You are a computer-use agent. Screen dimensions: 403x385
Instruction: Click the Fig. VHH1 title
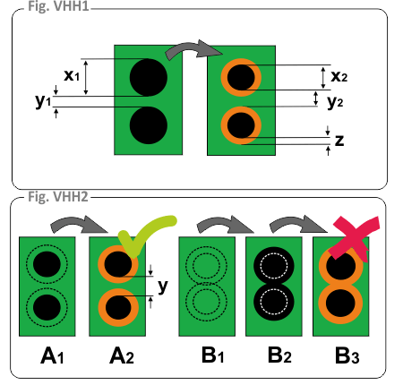point(58,6)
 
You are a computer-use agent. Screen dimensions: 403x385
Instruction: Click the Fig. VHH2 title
point(58,197)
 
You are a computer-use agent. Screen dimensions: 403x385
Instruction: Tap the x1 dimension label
point(72,75)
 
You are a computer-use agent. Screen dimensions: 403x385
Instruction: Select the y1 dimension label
point(43,101)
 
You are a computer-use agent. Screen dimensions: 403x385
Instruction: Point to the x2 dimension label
point(339,76)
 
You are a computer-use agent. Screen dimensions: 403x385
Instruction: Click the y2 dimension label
point(335,102)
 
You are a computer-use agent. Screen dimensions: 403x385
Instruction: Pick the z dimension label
point(339,141)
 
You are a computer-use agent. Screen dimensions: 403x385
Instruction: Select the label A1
point(52,356)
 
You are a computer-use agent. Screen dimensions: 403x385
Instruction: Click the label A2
point(122,356)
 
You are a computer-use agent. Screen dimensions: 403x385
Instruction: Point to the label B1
point(212,355)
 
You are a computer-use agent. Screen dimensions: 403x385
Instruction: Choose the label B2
point(279,355)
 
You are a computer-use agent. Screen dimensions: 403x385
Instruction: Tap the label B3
point(347,355)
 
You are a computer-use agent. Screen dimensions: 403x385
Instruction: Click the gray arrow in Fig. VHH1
point(194,47)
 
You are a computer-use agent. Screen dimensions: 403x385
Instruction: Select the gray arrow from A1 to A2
point(79,223)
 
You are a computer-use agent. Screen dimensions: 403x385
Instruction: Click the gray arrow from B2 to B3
point(298,223)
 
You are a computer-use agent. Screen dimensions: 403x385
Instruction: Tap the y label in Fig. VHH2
point(163,287)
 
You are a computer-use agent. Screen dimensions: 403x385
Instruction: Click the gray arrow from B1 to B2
point(226,223)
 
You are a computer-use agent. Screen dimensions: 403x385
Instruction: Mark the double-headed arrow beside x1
point(86,78)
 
